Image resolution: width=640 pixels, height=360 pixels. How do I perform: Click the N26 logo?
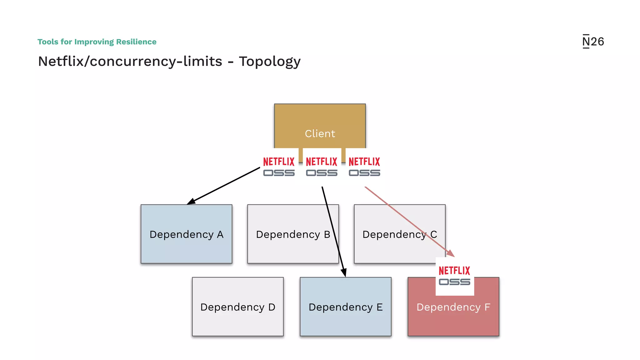[593, 42]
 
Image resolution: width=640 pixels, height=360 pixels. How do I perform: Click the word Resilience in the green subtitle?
[136, 42]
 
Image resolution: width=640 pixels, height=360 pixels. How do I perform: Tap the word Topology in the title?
[269, 62]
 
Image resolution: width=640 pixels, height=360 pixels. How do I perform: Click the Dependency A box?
[186, 234]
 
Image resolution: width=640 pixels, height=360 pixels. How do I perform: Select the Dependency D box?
[237, 307]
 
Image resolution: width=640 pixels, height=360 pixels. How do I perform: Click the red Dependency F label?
[453, 307]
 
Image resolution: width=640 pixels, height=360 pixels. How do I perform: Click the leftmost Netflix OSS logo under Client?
[279, 167]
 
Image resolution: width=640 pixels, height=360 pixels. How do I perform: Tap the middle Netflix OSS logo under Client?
[322, 167]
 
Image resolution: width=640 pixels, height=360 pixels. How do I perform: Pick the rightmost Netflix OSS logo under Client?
[364, 167]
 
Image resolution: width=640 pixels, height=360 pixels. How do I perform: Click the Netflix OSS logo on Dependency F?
[454, 276]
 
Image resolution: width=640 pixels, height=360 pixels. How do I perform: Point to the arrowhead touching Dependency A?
[191, 202]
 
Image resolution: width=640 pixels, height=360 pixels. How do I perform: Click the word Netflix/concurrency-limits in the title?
[130, 62]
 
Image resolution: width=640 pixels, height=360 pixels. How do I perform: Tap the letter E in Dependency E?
[380, 307]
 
